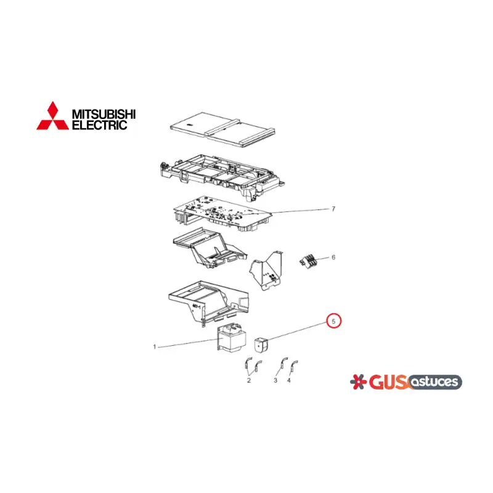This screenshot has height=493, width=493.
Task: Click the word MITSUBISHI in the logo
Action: pyautogui.click(x=104, y=114)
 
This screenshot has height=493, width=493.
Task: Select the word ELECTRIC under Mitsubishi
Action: pyautogui.click(x=100, y=125)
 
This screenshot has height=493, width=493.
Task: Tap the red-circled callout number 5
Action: pyautogui.click(x=333, y=321)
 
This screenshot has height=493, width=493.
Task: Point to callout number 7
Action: pyautogui.click(x=333, y=209)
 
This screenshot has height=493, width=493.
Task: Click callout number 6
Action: pyautogui.click(x=333, y=257)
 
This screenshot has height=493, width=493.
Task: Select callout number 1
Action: pyautogui.click(x=155, y=347)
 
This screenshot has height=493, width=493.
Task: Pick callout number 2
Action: pyautogui.click(x=249, y=380)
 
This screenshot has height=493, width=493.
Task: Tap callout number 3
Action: pyautogui.click(x=275, y=380)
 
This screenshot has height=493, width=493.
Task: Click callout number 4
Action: pyautogui.click(x=289, y=380)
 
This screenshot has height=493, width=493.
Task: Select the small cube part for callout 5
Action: pyautogui.click(x=260, y=345)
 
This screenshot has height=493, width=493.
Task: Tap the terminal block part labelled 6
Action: pyautogui.click(x=308, y=261)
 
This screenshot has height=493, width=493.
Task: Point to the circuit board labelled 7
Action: pyautogui.click(x=222, y=214)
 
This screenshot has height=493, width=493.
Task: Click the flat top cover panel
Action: pyautogui.click(x=222, y=129)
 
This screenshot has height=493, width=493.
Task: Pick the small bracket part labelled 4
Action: pyautogui.click(x=294, y=366)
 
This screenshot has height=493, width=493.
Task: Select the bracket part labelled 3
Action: pyautogui.click(x=284, y=364)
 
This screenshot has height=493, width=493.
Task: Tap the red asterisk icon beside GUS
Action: pyautogui.click(x=359, y=382)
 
